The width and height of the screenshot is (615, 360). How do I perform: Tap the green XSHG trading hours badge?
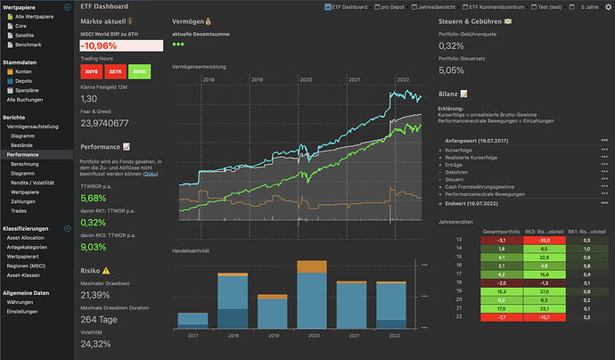click(x=140, y=70)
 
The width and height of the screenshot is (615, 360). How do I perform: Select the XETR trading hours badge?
click(x=114, y=70)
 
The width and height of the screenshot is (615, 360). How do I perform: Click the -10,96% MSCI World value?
click(x=99, y=45)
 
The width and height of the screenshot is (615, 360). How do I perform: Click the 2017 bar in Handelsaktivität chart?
click(x=193, y=322)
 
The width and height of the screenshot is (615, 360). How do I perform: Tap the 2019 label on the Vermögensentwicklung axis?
click(x=258, y=79)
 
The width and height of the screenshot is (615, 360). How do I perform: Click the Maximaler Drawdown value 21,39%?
click(x=94, y=295)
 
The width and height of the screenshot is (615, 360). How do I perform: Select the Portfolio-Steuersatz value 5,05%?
click(x=451, y=70)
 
